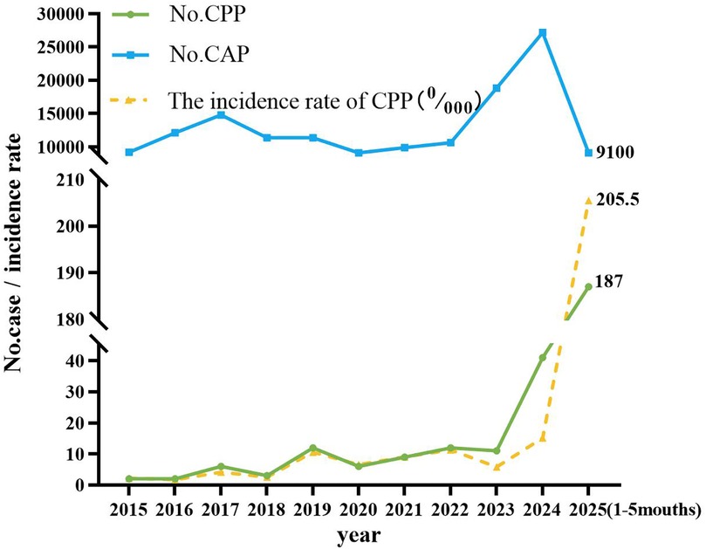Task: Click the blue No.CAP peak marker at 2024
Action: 543,32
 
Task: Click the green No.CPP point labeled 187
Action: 588,286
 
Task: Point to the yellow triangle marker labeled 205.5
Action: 588,201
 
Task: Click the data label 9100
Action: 614,153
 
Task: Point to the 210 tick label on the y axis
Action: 76,180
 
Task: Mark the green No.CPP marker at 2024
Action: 543,357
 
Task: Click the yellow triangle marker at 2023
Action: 497,467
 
